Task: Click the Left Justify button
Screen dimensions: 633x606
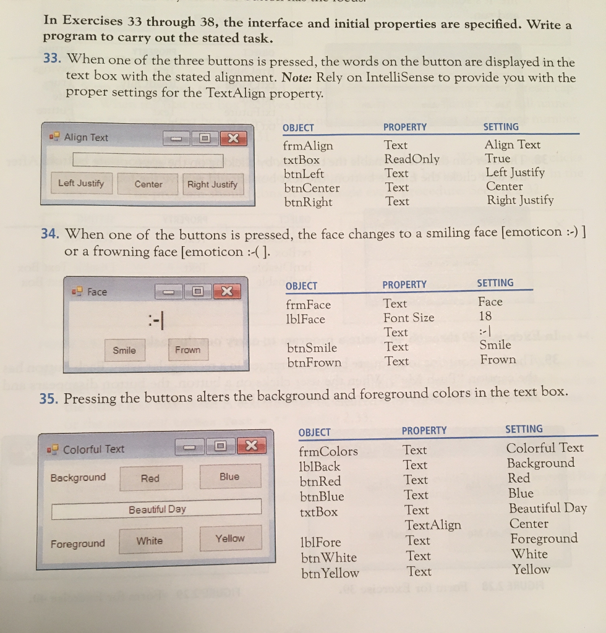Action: point(81,184)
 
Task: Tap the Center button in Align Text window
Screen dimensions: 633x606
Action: point(148,184)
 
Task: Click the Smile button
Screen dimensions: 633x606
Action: point(124,350)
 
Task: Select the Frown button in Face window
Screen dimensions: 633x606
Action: point(187,350)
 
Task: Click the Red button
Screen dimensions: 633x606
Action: point(150,478)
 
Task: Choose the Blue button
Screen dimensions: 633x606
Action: point(229,477)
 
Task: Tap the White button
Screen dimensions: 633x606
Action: point(150,541)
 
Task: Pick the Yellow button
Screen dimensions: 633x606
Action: point(230,538)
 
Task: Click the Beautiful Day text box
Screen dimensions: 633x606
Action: point(156,509)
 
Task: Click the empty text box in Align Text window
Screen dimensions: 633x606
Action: point(148,161)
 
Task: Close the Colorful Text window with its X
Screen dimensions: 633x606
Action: point(250,446)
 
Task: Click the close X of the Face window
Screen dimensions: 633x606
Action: point(226,291)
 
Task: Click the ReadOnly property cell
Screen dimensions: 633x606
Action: point(411,159)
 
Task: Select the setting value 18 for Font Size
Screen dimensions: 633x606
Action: point(485,316)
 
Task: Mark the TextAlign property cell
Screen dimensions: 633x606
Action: point(432,525)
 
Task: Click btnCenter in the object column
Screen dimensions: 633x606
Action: point(312,188)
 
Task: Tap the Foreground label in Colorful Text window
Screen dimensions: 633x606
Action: point(78,544)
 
